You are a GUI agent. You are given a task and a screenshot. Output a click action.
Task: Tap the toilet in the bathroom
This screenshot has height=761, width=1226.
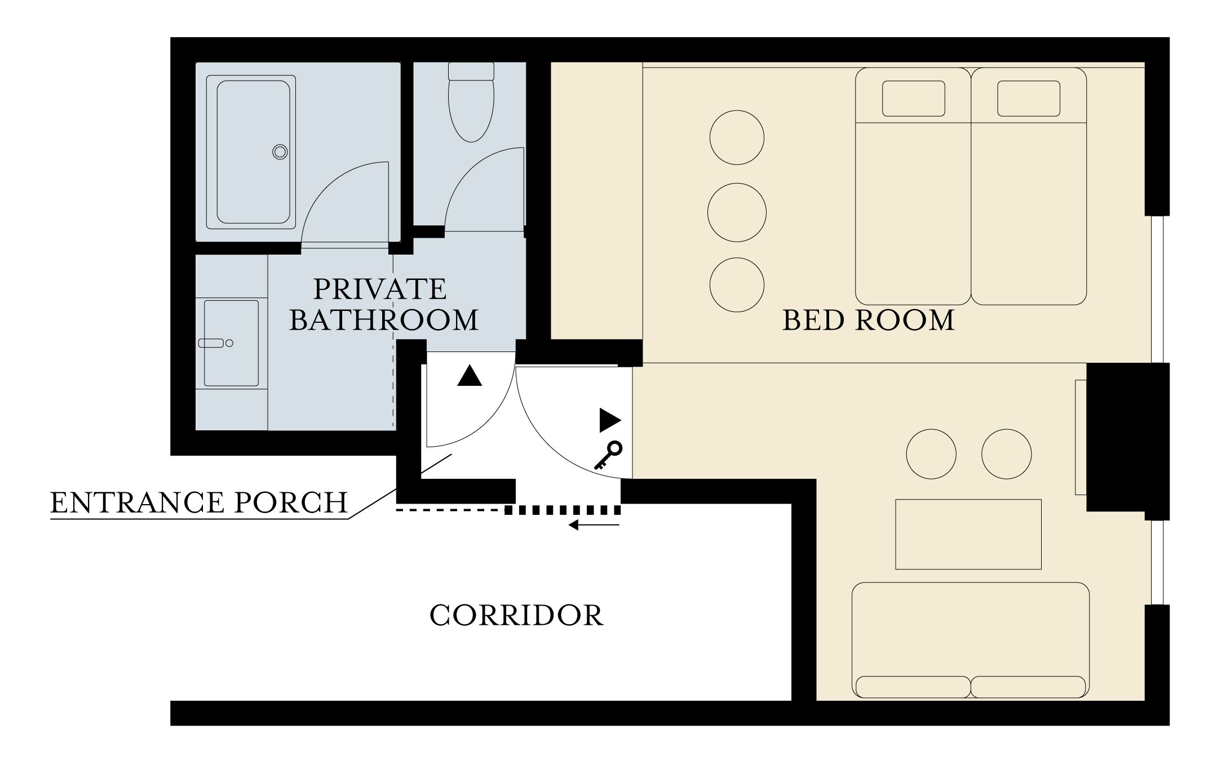(471, 107)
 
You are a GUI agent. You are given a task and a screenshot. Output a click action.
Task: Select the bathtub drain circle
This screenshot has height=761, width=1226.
(280, 152)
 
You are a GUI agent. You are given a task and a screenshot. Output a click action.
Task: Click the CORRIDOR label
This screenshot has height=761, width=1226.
(516, 615)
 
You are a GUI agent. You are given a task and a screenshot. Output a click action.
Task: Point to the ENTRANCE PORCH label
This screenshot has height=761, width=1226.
(199, 502)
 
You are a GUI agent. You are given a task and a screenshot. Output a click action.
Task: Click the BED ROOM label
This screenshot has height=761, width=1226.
(869, 320)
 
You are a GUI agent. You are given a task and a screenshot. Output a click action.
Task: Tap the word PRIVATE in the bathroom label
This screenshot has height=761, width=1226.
(379, 289)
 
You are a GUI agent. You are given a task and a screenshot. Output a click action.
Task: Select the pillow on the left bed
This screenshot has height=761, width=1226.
(913, 99)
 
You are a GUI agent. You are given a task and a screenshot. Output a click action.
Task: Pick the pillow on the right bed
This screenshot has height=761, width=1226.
(1029, 99)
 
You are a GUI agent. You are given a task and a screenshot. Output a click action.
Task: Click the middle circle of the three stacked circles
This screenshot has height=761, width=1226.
(737, 212)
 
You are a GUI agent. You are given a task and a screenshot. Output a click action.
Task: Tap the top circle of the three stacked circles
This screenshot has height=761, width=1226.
(737, 137)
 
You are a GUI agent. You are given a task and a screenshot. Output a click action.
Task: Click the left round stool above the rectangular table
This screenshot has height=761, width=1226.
(931, 454)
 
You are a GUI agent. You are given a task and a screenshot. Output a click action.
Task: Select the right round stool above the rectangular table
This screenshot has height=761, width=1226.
(1007, 454)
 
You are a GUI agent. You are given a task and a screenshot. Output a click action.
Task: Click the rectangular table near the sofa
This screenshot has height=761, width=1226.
(968, 534)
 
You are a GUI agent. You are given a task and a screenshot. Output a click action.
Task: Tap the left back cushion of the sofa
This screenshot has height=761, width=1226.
(913, 687)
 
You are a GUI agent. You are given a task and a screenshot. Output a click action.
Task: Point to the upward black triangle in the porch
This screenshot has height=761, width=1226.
(470, 376)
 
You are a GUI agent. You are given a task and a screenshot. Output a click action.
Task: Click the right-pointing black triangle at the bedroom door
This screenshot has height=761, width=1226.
(609, 420)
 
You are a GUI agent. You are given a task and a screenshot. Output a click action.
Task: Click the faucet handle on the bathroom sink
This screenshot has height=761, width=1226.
(212, 343)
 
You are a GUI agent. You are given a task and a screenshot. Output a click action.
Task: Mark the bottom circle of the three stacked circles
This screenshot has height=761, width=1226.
(737, 285)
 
